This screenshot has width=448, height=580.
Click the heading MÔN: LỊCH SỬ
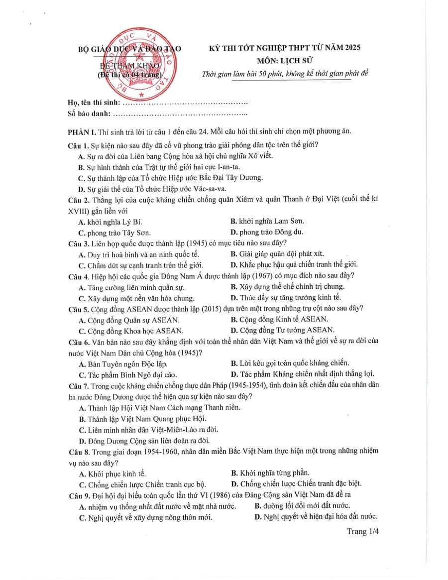point(284,61)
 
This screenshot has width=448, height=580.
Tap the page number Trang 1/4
point(363,532)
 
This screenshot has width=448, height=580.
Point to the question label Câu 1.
point(78,145)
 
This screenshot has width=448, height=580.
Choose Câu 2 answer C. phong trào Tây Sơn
point(114,232)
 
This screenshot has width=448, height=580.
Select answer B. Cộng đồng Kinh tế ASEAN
point(279,320)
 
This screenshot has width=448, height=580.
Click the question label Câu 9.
point(78,495)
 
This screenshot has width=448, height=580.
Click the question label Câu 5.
point(78,309)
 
